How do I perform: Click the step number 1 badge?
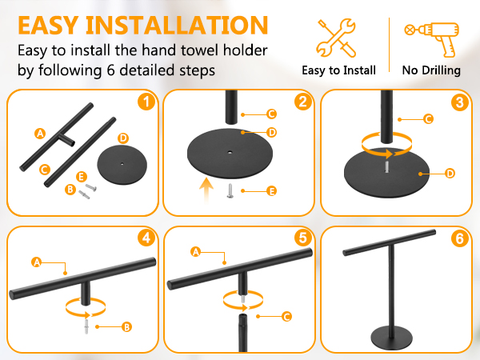coord(146,102)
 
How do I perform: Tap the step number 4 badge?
coord(146,238)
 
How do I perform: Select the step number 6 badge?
coord(460,238)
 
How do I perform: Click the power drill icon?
coord(432,39)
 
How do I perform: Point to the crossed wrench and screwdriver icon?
coord(336,38)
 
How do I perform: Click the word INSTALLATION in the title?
coord(177,26)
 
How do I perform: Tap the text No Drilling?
coord(431,70)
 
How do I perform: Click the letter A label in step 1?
coord(40,134)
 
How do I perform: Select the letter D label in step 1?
coord(123,138)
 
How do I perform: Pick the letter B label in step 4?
coord(126,327)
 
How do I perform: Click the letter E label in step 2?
coord(271,191)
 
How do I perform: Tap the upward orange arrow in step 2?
coord(206,190)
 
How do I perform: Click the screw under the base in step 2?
coord(230,190)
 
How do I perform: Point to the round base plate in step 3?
coord(387,174)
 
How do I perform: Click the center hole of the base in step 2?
coord(230,151)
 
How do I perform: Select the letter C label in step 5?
coord(286,316)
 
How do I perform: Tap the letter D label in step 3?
coord(450,174)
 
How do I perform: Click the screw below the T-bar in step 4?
coord(86,326)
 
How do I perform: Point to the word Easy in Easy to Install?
coord(314,70)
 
